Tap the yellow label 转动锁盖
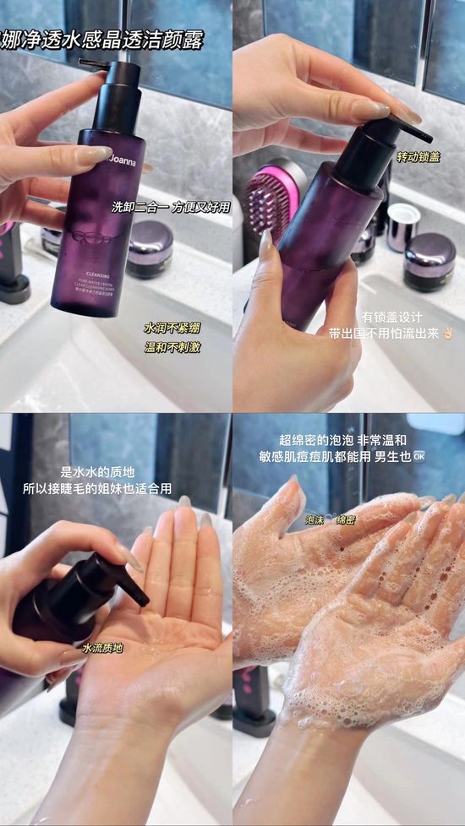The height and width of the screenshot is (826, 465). (419, 157)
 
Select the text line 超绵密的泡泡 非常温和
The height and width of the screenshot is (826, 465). (343, 439)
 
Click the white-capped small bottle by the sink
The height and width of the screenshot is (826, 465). (403, 226)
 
